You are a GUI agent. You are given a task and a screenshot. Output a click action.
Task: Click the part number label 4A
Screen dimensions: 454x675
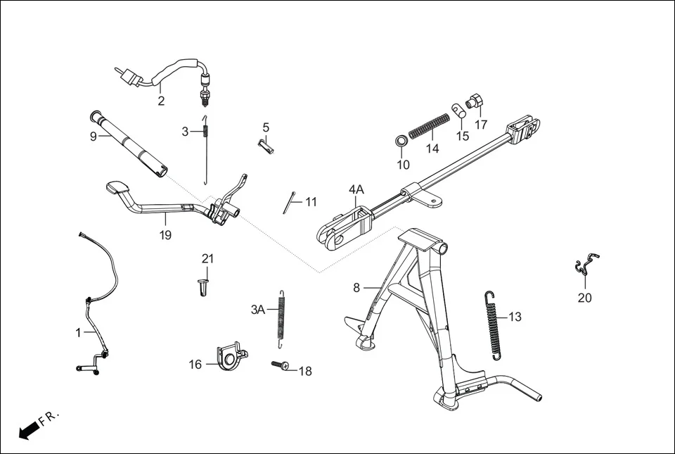356,189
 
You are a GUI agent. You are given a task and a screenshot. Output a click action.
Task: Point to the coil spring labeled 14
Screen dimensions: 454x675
429,125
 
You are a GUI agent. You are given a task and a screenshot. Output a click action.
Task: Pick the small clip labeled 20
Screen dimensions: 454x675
586,265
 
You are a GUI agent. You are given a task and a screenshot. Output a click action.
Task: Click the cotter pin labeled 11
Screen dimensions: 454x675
289,203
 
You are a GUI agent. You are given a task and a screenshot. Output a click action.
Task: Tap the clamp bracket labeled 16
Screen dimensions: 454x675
230,356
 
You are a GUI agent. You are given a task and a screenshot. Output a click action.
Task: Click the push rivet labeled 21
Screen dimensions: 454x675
203,287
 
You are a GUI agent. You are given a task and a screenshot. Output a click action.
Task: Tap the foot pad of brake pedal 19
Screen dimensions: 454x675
117,189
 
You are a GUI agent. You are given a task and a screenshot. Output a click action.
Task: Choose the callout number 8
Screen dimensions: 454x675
356,287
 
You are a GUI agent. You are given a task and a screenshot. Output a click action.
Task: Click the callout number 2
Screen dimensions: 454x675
161,101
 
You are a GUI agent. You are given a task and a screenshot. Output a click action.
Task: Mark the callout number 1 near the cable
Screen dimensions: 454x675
79,333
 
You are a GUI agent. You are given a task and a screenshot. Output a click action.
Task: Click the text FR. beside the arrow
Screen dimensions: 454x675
51,417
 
